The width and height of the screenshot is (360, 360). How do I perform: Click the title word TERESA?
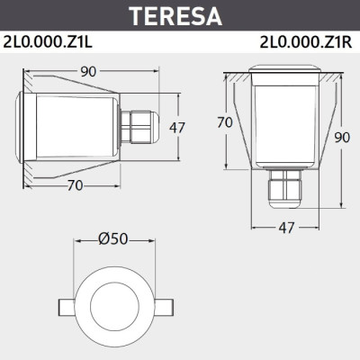tap(180, 15)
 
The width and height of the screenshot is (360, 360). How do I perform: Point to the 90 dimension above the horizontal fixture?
tap(87, 70)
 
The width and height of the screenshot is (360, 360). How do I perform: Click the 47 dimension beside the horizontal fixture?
tap(177, 127)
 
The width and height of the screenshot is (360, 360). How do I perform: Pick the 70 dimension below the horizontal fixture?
tap(76, 186)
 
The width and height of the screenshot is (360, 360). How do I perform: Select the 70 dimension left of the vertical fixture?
tap(226, 121)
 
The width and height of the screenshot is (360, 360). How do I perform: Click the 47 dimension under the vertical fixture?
tap(287, 229)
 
